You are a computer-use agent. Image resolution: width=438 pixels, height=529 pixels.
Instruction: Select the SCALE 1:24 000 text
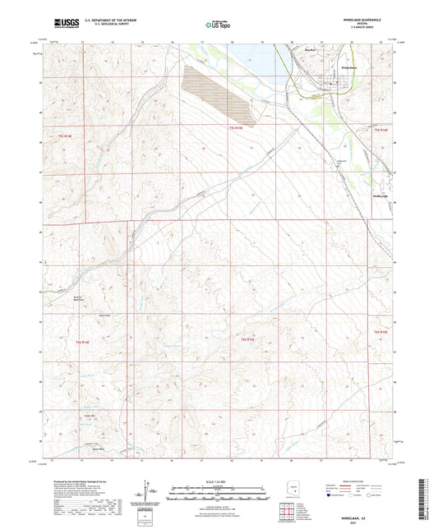coord(218,481)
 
